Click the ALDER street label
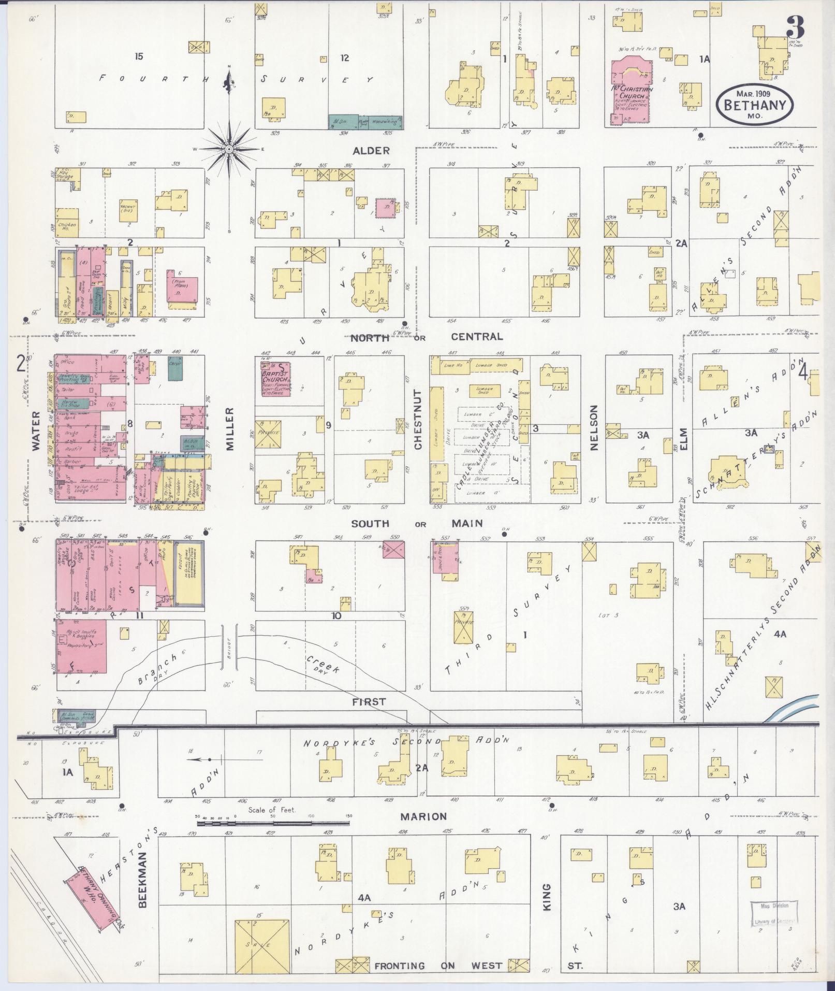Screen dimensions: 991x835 pos(371,151)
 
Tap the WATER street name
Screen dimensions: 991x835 pos(36,432)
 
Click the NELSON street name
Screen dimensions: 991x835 pos(593,428)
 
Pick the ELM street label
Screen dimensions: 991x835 pos(683,438)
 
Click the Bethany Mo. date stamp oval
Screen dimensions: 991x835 pos(754,104)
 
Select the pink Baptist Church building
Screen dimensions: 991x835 pos(275,379)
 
